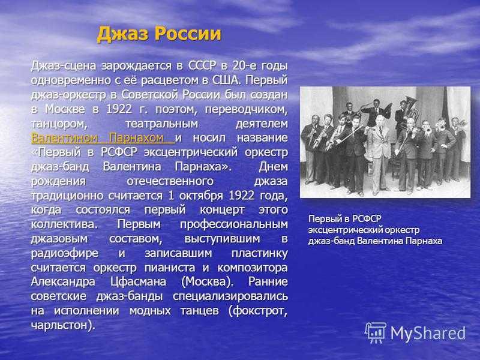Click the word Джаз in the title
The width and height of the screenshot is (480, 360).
tap(123, 34)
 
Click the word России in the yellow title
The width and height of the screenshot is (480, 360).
tap(188, 34)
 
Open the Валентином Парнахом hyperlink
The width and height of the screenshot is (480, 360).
tap(103, 138)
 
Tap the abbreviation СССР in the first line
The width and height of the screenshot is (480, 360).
tap(202, 65)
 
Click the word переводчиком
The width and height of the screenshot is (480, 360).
tap(247, 109)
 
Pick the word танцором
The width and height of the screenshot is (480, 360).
tap(57, 124)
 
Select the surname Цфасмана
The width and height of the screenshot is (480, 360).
tap(138, 281)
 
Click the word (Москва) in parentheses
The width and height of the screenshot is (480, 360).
tap(207, 281)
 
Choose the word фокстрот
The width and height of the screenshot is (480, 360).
tap(259, 311)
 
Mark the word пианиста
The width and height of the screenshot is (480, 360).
tap(170, 268)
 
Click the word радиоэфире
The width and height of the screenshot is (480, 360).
tap(65, 253)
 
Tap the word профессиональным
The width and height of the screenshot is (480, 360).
tap(234, 224)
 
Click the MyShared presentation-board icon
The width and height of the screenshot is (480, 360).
tap(376, 332)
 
